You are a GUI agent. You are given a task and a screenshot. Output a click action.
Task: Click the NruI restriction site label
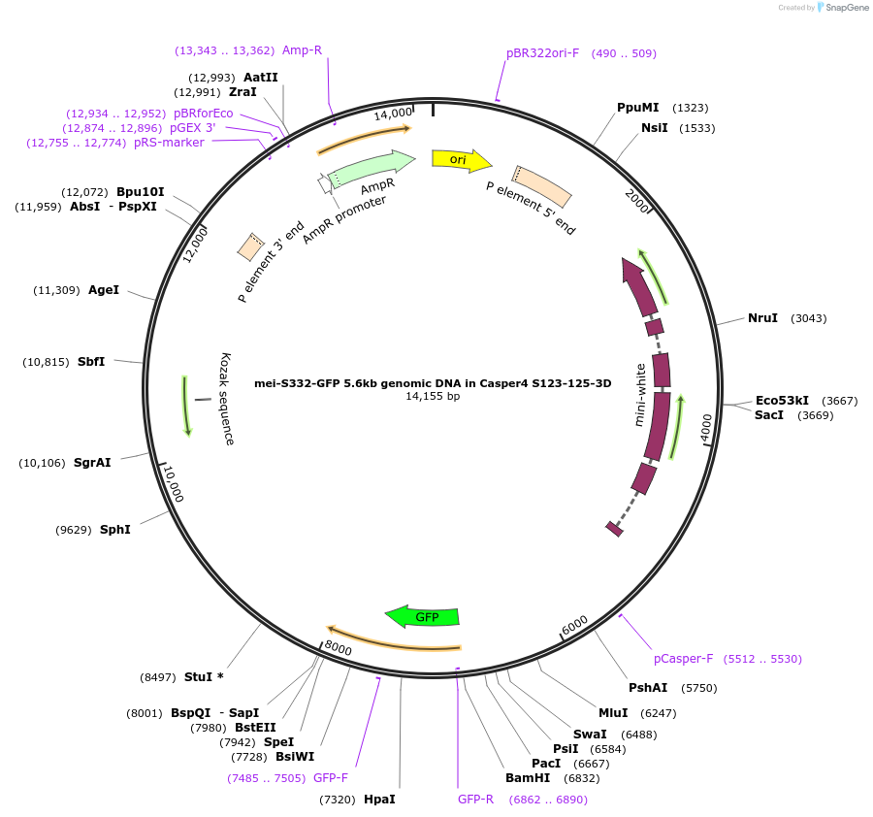click(x=762, y=318)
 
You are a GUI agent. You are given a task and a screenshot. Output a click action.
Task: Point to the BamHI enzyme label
click(x=528, y=777)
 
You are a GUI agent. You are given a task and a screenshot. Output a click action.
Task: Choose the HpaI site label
click(x=379, y=800)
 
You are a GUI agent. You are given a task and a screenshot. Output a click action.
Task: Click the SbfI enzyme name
click(x=91, y=362)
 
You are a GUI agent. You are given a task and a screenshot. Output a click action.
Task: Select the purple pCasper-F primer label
click(x=683, y=658)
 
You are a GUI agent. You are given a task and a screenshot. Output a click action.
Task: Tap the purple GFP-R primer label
click(x=476, y=800)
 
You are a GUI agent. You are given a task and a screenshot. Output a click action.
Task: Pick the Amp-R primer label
click(x=302, y=49)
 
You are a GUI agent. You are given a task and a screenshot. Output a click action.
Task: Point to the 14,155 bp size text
click(x=433, y=396)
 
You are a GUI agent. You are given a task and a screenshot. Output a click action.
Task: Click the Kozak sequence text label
click(x=228, y=399)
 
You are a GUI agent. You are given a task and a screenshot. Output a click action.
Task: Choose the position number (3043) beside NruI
click(x=809, y=318)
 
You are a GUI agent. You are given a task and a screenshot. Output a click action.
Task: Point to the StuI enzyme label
click(x=204, y=676)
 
